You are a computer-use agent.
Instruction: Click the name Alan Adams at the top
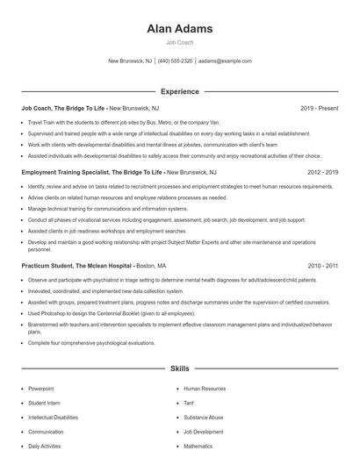[x=180, y=29]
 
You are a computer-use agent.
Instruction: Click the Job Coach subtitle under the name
[x=180, y=42]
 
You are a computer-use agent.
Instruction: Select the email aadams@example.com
[x=225, y=61]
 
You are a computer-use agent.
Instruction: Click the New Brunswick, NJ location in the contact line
[x=130, y=61]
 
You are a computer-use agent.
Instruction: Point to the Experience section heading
[x=180, y=91]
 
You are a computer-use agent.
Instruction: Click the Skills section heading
[x=180, y=369]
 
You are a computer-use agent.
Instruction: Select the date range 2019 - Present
[x=319, y=108]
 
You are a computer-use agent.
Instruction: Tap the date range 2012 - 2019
[x=322, y=173]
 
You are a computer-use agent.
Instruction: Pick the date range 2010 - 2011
[x=322, y=265]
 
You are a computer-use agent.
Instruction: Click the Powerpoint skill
[x=41, y=387]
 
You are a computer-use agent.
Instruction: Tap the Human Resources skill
[x=205, y=387]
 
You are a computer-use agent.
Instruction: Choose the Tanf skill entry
[x=190, y=402]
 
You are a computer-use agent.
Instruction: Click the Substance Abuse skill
[x=204, y=417]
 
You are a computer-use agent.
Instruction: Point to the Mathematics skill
[x=198, y=446]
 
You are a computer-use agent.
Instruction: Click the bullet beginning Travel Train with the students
[x=132, y=123]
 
